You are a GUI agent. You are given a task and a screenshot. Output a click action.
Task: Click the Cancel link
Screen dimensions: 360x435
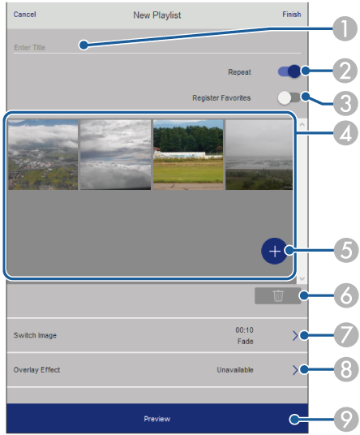coord(24,15)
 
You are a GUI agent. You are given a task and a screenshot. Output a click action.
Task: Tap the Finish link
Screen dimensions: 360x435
coord(292,15)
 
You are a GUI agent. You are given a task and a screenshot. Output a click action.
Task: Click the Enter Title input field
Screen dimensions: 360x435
coord(157,47)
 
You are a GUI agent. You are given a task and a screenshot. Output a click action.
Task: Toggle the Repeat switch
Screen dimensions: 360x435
coord(289,71)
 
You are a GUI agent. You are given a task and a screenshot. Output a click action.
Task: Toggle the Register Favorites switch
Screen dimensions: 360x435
coord(289,98)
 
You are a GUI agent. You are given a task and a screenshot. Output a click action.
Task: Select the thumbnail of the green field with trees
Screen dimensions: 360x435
coord(188,154)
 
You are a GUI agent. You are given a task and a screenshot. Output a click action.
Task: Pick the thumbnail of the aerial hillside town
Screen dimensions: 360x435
coord(43,154)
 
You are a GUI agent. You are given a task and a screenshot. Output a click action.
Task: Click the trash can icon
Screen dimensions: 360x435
coord(278,295)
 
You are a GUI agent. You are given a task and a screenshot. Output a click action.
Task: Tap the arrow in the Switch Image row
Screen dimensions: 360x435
coord(295,336)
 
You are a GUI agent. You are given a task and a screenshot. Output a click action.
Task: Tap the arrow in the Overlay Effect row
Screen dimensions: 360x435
coord(295,370)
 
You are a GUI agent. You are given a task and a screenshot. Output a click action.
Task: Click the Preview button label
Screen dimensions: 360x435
coord(157,419)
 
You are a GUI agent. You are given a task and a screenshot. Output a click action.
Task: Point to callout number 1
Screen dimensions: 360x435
coord(345,29)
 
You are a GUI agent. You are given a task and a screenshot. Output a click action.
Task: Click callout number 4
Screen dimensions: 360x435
coord(345,133)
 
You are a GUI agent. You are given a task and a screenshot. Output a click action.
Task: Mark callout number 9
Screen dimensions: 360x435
coord(346,420)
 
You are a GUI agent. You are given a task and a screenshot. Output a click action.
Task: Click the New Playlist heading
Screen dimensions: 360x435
coord(157,15)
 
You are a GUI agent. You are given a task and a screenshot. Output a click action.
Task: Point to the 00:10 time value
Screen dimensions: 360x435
coord(244,330)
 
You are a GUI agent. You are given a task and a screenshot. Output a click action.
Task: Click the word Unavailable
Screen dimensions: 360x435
coord(235,370)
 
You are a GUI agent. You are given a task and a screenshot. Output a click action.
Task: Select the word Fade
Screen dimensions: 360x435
coord(245,341)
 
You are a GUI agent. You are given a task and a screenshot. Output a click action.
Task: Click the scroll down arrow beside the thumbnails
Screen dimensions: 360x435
coord(302,278)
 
